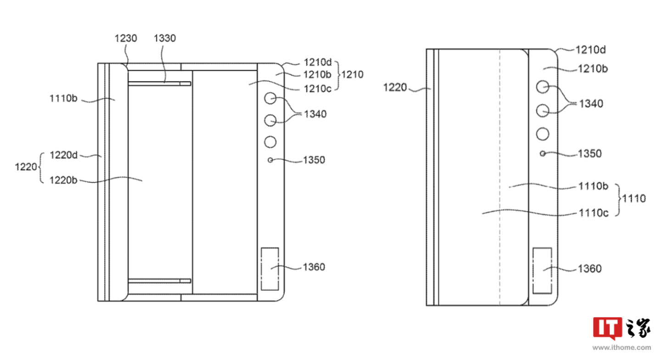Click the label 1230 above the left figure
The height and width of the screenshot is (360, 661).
[x=126, y=39]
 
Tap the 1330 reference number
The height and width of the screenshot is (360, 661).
[x=165, y=39]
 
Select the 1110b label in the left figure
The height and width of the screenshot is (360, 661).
[x=63, y=98]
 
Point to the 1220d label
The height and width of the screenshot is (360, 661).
[x=63, y=155]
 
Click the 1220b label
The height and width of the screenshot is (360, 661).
[x=63, y=180]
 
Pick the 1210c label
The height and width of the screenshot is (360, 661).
[x=318, y=89]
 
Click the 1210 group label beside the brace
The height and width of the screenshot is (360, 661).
[x=353, y=74]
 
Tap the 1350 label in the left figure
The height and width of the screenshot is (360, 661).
[x=314, y=160]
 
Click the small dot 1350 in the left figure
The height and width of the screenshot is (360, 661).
[x=270, y=160]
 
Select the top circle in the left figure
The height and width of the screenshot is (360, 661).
[x=270, y=98]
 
